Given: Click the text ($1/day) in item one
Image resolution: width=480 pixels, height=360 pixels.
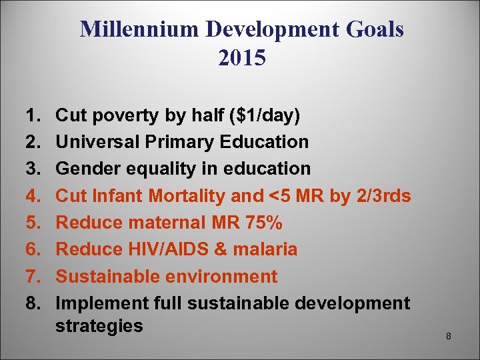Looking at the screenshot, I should tap(264, 115).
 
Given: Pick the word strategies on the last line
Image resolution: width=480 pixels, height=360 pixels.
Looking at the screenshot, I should tap(99, 326).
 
